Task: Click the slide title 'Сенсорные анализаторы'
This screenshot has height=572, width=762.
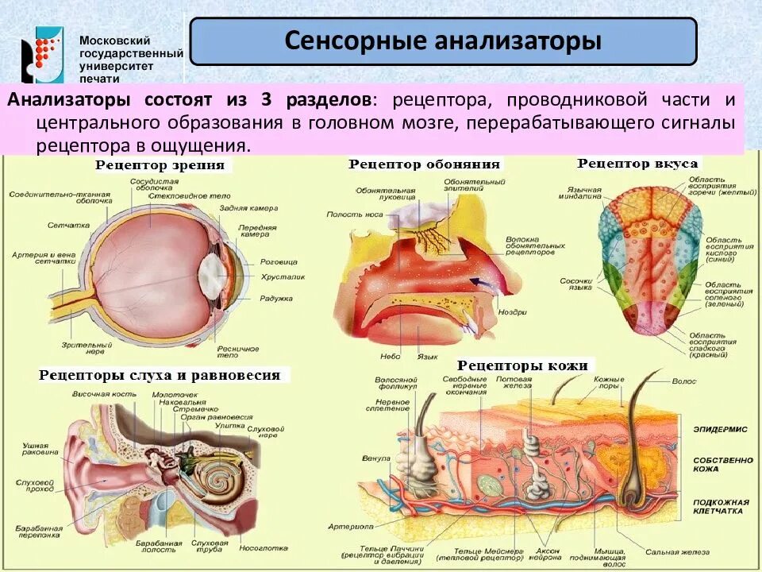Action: point(443,41)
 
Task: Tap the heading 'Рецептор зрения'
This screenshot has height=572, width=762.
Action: point(160,165)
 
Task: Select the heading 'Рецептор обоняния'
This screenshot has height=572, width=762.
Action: point(424,164)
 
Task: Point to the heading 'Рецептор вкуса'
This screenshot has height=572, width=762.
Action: point(637,163)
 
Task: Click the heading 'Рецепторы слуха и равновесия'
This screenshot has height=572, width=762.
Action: point(160,375)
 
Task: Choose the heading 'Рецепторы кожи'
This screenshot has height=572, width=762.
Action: point(522,365)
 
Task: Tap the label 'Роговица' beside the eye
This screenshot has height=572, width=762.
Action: point(278,261)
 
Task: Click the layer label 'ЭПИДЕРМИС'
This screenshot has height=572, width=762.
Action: point(720,429)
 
